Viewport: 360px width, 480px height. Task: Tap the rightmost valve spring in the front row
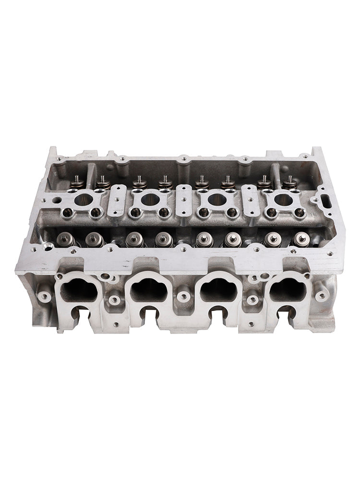pos(301,239)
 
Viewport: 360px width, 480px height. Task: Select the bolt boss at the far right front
pos(321,296)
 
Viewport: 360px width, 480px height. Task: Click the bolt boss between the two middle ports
pos(183,294)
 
